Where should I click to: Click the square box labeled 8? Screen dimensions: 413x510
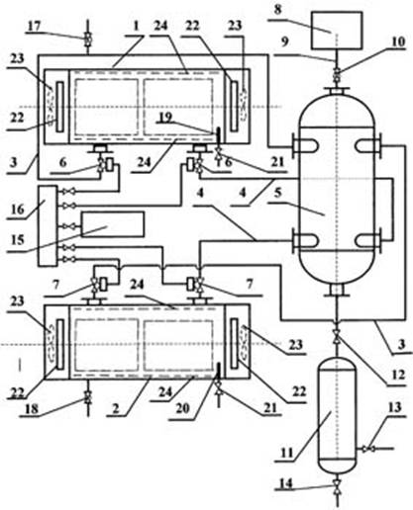pos(336,31)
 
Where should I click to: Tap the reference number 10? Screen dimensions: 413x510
pos(398,42)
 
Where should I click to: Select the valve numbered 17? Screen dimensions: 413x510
pos(88,40)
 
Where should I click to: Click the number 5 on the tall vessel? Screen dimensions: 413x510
pos(278,194)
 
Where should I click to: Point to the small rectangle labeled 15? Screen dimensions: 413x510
pos(112,224)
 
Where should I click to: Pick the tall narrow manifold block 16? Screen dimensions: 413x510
pos(48,225)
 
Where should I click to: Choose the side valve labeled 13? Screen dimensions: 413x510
pos(367,449)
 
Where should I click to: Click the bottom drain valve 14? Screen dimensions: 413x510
pos(337,487)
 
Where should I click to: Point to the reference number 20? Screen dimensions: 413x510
pos(182,408)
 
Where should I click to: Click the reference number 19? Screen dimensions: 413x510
pos(164,118)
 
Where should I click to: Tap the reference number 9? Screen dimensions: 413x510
pos(284,42)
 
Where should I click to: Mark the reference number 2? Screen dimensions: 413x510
pos(116,408)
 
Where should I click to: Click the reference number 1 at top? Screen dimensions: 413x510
pos(136,26)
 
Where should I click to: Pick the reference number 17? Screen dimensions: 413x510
pos(34,26)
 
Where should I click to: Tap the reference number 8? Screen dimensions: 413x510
pos(278,9)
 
